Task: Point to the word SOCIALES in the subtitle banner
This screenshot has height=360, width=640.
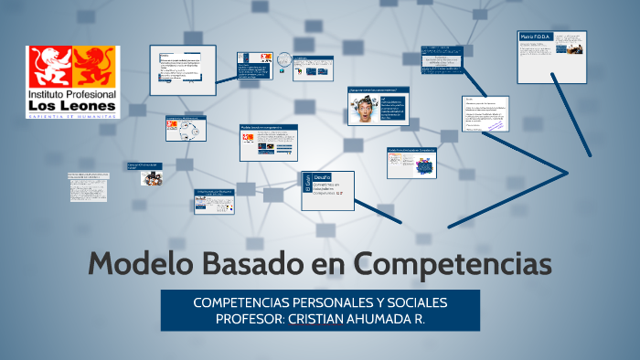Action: (x=418, y=302)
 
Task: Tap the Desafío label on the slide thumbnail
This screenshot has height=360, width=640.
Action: (x=323, y=176)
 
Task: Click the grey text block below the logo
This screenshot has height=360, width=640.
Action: (x=88, y=186)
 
